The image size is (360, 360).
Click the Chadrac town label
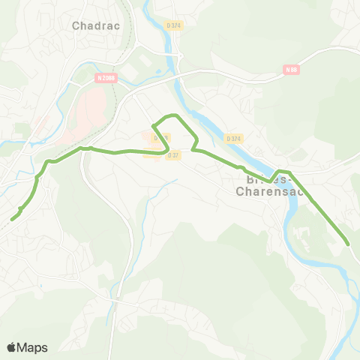[x=91, y=25]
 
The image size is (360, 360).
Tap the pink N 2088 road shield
[x=106, y=76]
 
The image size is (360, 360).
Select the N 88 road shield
[x=292, y=70]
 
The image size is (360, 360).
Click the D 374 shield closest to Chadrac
[x=172, y=25]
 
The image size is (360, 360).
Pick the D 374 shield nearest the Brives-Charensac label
[x=233, y=138]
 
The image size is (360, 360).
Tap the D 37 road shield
[x=173, y=154]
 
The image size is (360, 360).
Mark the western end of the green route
[x=12, y=220]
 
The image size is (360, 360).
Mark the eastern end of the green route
[x=348, y=243]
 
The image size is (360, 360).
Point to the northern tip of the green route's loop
[x=174, y=115]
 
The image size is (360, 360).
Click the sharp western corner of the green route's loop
[x=153, y=124]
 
